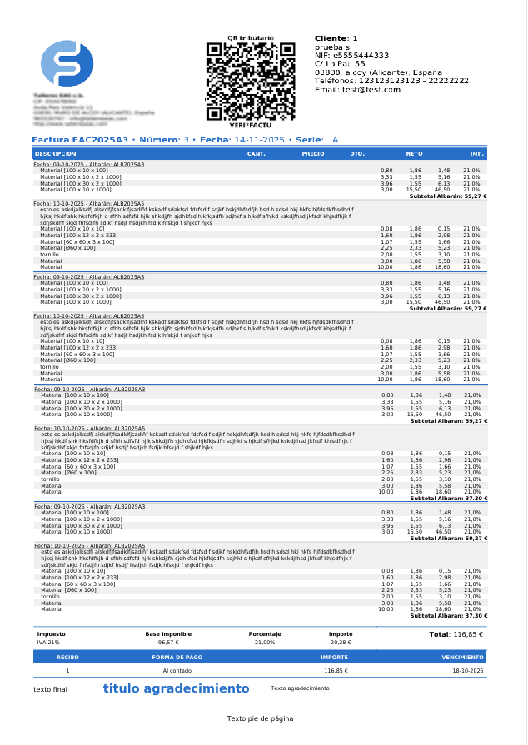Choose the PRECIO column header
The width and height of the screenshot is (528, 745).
point(312,154)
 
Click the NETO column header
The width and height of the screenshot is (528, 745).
point(414,154)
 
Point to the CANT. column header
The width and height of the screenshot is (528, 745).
point(257,154)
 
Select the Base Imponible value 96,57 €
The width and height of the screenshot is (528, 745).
point(168,643)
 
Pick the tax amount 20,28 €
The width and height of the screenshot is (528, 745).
point(341,643)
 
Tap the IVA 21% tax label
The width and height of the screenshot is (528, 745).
point(48,643)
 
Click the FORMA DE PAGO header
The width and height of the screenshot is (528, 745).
point(177,657)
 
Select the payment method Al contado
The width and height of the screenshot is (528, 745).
point(177,670)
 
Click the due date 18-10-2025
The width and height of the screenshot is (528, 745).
point(468,670)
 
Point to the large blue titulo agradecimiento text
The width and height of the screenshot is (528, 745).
point(176,688)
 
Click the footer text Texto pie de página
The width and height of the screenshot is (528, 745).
point(260,718)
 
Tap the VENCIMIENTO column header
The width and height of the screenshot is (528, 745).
point(462,657)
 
